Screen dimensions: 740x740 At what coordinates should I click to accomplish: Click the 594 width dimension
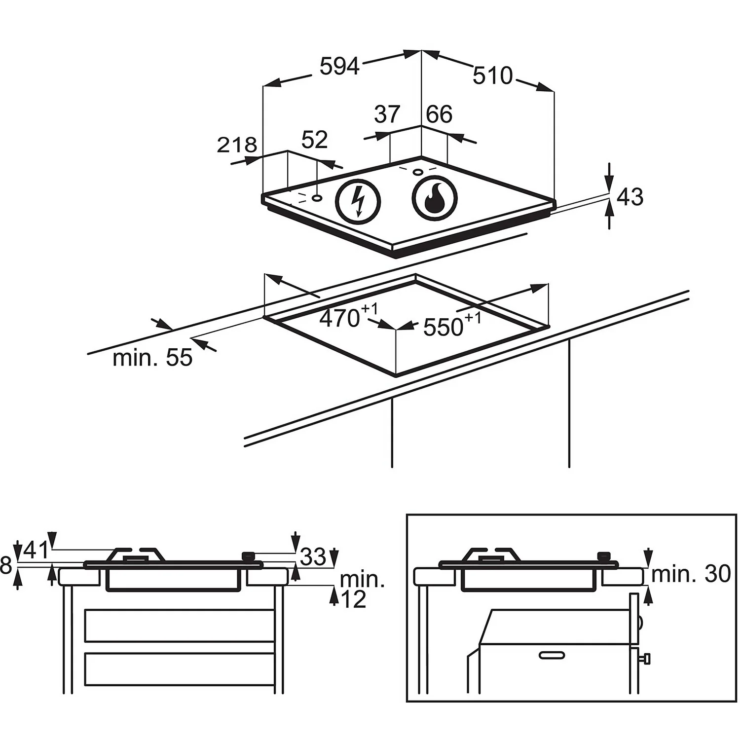click(x=339, y=66)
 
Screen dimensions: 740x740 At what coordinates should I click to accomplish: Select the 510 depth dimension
click(x=492, y=75)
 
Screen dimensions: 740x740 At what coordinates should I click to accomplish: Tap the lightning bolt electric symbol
click(x=358, y=201)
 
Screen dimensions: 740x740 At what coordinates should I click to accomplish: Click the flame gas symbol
click(x=435, y=198)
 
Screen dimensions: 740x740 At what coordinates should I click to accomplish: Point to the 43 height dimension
click(x=630, y=197)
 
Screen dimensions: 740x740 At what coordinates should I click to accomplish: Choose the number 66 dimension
click(x=439, y=114)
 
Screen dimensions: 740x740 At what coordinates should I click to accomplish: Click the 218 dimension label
click(x=237, y=145)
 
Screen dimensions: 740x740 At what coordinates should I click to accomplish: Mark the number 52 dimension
click(x=314, y=140)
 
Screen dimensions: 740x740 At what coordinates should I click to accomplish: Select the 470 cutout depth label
click(x=340, y=319)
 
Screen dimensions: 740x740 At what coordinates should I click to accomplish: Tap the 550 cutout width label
click(x=444, y=327)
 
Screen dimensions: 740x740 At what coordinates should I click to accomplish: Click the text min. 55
click(x=152, y=358)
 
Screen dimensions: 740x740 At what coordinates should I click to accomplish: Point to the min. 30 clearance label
click(x=691, y=574)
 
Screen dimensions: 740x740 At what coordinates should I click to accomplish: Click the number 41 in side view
click(x=36, y=551)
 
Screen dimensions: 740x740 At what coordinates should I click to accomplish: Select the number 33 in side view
click(x=313, y=557)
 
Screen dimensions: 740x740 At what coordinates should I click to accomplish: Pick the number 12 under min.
click(x=353, y=599)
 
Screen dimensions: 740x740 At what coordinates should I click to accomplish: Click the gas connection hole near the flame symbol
click(x=417, y=172)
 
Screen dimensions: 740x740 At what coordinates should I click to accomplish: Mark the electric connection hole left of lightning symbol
click(x=317, y=198)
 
